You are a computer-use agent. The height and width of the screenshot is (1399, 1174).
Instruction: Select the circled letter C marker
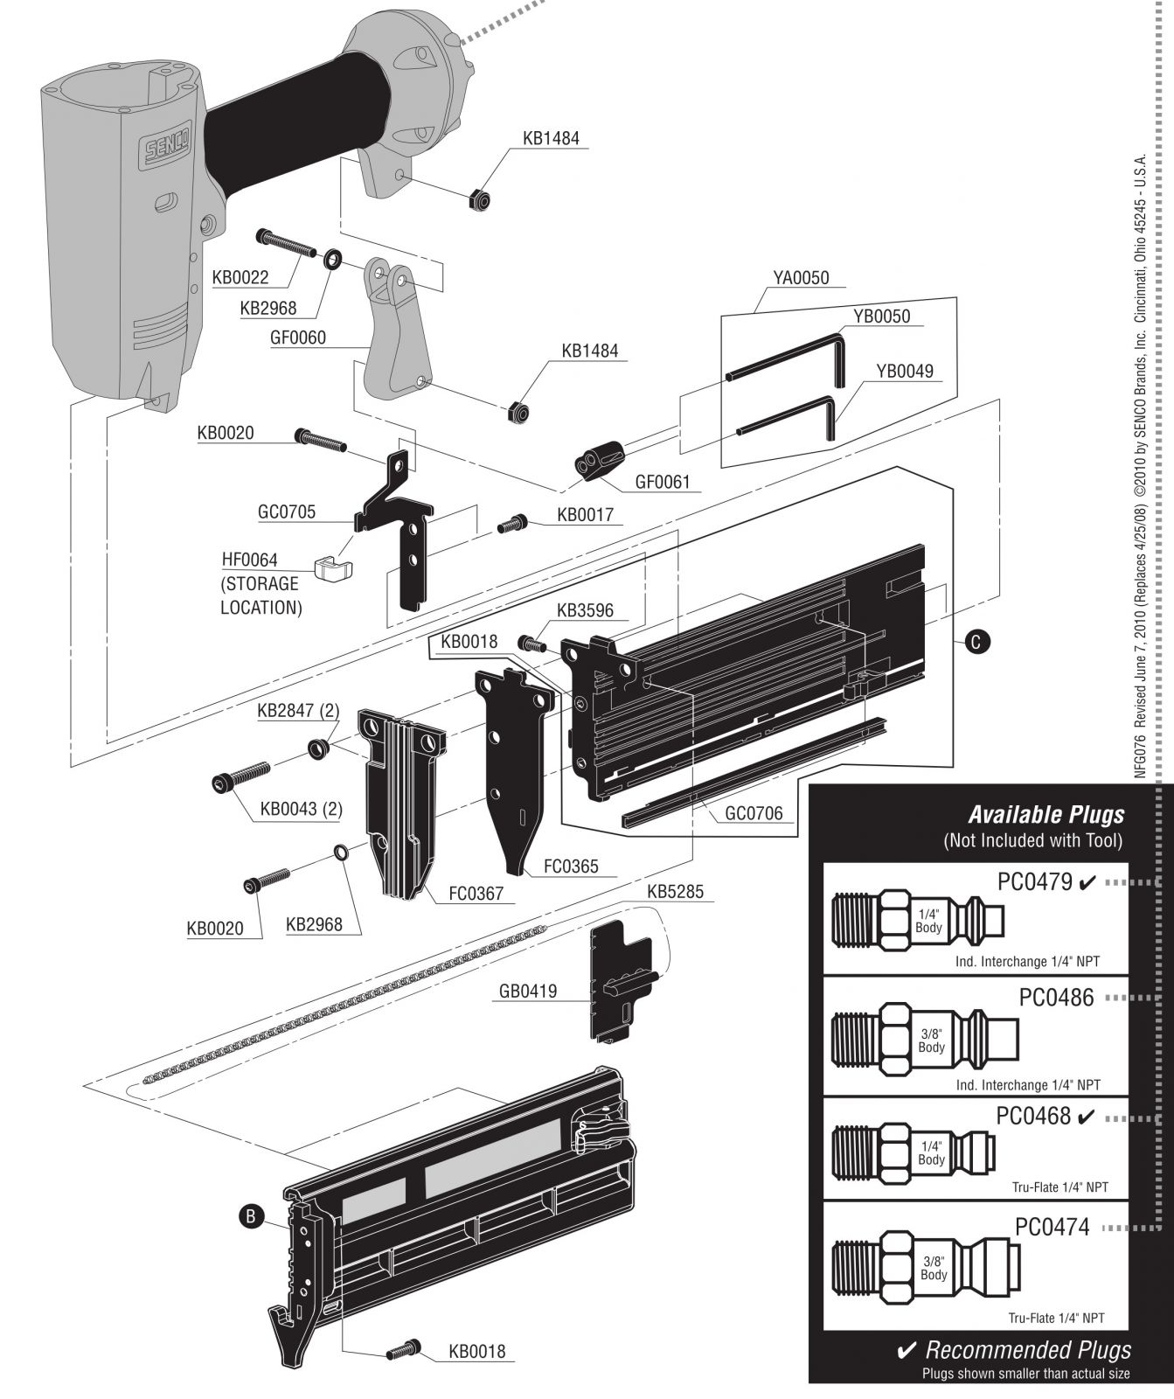(977, 641)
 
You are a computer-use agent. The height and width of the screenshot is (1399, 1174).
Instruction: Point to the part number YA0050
(801, 279)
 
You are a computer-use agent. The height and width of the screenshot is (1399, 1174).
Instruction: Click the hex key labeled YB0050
(787, 363)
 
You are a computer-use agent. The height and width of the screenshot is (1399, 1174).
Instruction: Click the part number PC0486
(1056, 997)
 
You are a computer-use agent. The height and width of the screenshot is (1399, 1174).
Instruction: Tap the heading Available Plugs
(1045, 815)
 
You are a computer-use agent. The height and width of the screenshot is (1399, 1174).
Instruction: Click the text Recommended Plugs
(1028, 1350)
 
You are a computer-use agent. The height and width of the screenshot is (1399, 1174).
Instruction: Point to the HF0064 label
(249, 560)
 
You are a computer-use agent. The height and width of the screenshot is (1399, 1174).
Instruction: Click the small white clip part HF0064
(332, 568)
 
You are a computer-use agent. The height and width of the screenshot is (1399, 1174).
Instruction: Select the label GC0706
(754, 813)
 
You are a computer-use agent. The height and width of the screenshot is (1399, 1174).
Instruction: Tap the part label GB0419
(528, 991)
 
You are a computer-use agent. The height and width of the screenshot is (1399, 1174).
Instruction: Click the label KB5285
(675, 893)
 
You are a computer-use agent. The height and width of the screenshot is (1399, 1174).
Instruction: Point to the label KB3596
(585, 610)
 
